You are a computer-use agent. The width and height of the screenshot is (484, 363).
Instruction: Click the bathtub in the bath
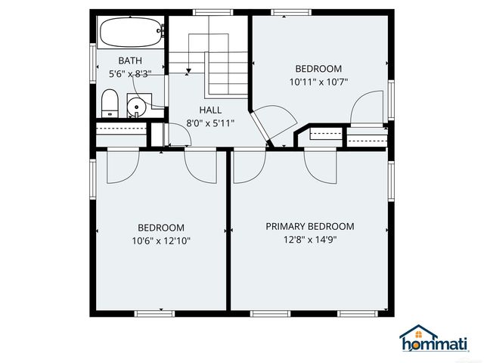click(130, 33)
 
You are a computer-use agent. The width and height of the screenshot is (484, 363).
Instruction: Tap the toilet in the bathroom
click(110, 104)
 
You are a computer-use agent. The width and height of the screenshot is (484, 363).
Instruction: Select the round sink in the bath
click(136, 107)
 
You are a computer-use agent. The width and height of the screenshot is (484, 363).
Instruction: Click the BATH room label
click(130, 60)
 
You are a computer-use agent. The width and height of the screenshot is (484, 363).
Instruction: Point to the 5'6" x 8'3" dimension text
click(130, 73)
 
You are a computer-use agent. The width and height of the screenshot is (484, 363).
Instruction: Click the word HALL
click(210, 110)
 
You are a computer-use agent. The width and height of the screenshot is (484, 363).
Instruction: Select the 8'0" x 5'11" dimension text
click(211, 123)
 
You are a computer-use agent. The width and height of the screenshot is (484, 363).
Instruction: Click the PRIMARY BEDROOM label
click(310, 226)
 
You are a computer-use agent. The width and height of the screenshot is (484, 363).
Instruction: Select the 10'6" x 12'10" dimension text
click(160, 241)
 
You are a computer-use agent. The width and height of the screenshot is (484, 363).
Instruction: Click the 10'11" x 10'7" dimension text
click(318, 82)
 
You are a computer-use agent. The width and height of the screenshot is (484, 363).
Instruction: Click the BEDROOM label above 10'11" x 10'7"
click(318, 69)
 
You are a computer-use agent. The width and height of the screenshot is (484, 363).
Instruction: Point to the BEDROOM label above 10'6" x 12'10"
click(160, 228)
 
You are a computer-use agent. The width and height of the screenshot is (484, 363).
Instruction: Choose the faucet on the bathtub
click(160, 31)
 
